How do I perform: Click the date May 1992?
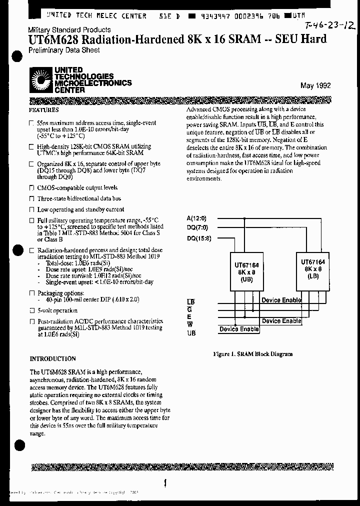[x=315, y=85]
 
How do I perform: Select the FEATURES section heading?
[x=44, y=110]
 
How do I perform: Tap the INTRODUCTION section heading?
[x=53, y=358]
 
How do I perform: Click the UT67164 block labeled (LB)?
[x=312, y=268]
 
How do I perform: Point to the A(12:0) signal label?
[x=196, y=218]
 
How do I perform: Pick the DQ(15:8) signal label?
[x=199, y=238]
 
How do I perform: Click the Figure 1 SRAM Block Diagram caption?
[x=253, y=353]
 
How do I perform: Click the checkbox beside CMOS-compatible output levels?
[x=31, y=188]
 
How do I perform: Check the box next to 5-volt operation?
[x=31, y=310]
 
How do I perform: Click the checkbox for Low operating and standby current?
[x=31, y=210]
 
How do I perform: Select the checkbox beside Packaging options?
[x=31, y=292]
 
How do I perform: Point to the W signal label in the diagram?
[x=189, y=324]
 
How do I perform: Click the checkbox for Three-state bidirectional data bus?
[x=31, y=199]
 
